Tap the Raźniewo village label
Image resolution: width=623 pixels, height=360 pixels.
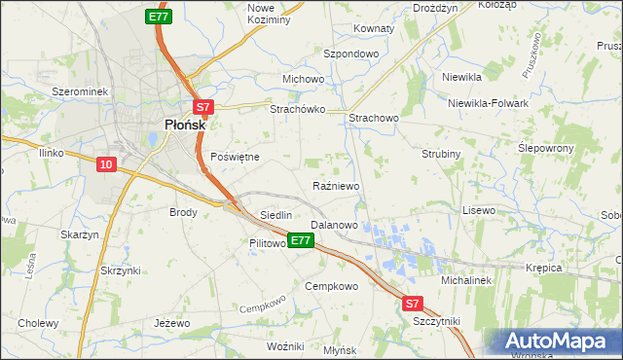pos(337,186)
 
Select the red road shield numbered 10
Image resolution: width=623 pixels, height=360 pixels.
pos(106,164)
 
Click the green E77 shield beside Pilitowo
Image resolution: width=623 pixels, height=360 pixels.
pos(301,240)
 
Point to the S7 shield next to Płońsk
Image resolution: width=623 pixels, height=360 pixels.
pos(202,108)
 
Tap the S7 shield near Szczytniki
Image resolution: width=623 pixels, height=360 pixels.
pos(414,304)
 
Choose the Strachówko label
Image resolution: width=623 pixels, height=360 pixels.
pos(296,110)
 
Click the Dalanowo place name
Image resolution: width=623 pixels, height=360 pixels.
pos(334,225)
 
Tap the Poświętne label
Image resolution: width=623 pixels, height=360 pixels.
pos(235,156)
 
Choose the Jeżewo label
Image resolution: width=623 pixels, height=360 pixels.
pos(170,322)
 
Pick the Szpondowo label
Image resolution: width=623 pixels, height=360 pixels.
pos(350,54)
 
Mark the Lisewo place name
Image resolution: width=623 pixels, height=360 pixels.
pos(479,210)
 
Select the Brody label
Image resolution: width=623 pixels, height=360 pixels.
pos(183,212)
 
